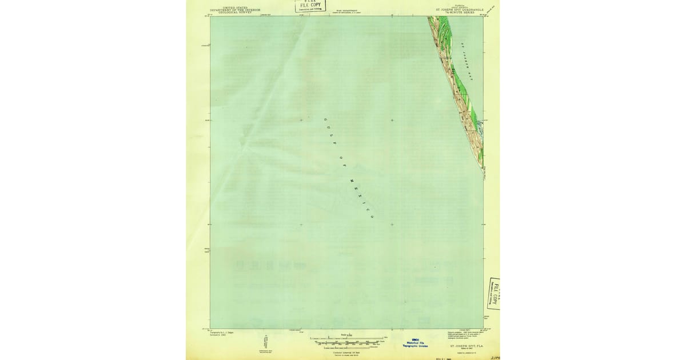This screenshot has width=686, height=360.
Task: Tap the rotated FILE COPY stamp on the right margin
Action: (494, 294)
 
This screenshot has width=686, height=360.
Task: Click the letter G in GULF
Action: (325, 119)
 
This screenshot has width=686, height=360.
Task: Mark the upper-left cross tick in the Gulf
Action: (301, 120)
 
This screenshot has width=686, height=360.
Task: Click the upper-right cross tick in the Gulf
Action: (392, 120)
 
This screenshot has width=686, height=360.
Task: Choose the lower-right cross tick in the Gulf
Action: (392, 225)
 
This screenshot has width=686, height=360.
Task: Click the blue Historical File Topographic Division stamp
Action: (416, 343)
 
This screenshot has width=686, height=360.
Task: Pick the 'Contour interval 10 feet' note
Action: (348, 351)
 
